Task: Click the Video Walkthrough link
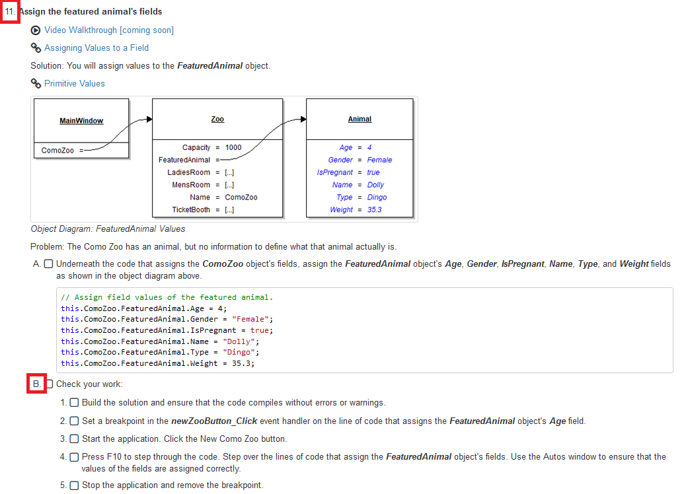(x=108, y=30)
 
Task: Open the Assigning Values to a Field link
(x=96, y=48)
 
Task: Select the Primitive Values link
(x=74, y=84)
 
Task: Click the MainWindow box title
(x=81, y=121)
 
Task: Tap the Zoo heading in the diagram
(x=217, y=120)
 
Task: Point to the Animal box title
(x=360, y=120)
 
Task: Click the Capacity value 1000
(x=233, y=147)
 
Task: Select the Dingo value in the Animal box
(x=377, y=197)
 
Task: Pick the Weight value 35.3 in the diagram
(x=374, y=210)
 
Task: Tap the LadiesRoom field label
(x=188, y=172)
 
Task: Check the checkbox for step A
(x=48, y=264)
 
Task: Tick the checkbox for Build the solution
(x=74, y=403)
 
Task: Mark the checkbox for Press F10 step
(x=74, y=457)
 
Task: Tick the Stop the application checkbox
(x=74, y=485)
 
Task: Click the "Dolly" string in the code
(x=240, y=341)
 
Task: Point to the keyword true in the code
(x=260, y=330)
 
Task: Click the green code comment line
(x=167, y=297)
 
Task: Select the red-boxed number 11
(x=10, y=12)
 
